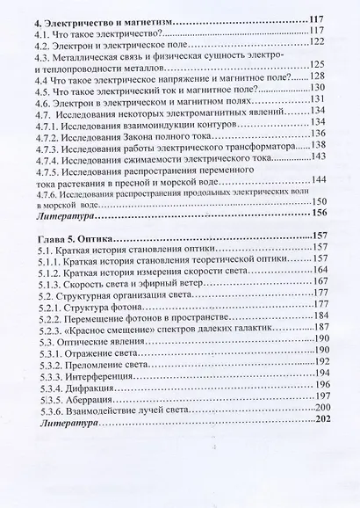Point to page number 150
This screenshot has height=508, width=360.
(x=320, y=201)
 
